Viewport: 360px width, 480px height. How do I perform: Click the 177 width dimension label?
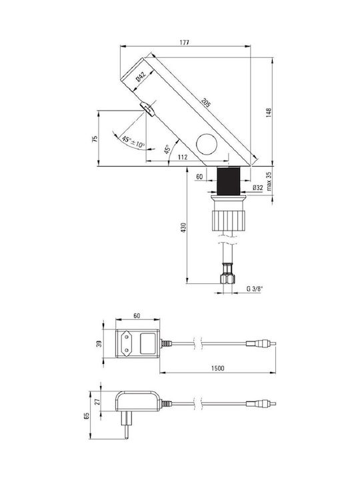pos(184,42)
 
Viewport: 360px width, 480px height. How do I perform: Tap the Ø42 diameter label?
pos(141,76)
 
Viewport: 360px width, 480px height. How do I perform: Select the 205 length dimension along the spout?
pos(206,103)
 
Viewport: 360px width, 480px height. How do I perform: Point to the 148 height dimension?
pos(269,113)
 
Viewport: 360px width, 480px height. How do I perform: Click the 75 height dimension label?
pos(95,139)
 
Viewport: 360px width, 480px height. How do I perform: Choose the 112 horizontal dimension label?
pos(183,157)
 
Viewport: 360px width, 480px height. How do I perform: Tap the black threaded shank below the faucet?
pos(228,181)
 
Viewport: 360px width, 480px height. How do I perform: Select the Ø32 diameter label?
pos(258,187)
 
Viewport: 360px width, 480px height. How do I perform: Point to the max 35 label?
pos(269,181)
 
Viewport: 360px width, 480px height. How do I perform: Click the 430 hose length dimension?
pos(183,227)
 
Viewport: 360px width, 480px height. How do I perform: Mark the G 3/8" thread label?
pos(255,289)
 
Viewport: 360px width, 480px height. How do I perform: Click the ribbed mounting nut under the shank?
pos(229,220)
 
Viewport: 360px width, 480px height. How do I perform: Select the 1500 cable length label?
pos(217,368)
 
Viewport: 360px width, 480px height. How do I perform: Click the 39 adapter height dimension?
pos(99,344)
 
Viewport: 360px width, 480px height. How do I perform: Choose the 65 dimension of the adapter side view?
pos(86,416)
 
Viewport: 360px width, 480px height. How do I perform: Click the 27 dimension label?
pos(97,401)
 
